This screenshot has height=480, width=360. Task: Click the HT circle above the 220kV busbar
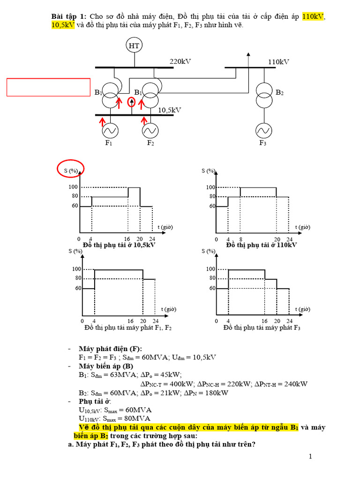tap(134, 45)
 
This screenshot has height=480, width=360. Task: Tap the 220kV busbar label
tap(180, 61)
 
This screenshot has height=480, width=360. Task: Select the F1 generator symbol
tap(109, 129)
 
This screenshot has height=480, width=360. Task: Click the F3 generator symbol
tap(262, 129)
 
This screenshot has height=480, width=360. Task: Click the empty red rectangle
tap(48, 87)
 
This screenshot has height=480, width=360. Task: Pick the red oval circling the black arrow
tap(132, 103)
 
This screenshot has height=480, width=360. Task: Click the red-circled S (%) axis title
tap(71, 170)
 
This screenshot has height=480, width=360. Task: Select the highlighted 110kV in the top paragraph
tap(313, 17)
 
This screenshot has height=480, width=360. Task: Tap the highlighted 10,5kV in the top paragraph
tap(63, 25)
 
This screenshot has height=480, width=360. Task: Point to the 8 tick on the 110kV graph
tap(240, 239)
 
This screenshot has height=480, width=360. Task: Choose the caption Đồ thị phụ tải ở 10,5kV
tap(119, 245)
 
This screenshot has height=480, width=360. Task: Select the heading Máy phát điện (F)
tap(110, 349)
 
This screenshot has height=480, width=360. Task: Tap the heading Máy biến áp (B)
tap(106, 366)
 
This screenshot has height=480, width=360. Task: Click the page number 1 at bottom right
tap(310, 457)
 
